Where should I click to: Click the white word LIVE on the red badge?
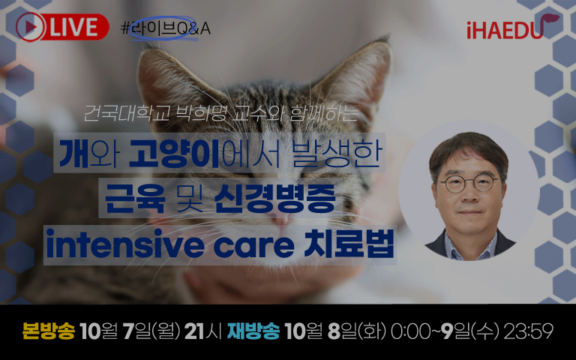tap(73, 27)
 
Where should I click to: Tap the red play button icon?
tap(30, 27)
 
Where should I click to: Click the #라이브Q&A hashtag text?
tap(166, 28)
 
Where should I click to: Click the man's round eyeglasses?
tap(469, 184)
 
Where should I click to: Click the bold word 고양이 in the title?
tap(175, 154)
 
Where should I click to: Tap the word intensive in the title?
tap(125, 244)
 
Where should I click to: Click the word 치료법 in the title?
tap(349, 244)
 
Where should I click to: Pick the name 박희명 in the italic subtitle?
tap(201, 113)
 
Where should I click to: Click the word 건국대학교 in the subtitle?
tap(126, 113)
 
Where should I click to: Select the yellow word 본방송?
tap(49, 331)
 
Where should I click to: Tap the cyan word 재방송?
tap(253, 331)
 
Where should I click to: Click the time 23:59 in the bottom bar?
tap(529, 331)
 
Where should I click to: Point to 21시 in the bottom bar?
tap(203, 331)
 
